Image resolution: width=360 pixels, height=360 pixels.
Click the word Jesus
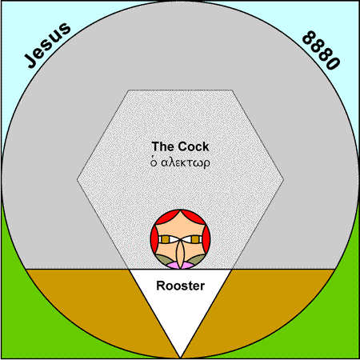coord(47,46)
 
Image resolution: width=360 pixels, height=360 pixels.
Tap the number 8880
coord(322,50)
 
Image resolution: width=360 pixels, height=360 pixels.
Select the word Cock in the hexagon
coord(194,146)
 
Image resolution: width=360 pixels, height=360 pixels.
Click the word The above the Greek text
coord(163,146)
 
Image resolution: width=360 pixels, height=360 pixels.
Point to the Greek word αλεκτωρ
coord(186,162)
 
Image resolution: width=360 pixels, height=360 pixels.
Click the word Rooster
coord(181,286)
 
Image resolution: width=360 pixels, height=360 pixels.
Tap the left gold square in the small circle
coord(166,239)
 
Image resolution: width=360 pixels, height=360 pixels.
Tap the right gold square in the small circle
coord(195,239)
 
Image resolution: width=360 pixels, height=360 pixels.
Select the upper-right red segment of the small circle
coord(194,218)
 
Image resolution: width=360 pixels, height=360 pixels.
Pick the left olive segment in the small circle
coord(165,259)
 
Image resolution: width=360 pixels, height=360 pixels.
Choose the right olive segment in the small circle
coord(196,259)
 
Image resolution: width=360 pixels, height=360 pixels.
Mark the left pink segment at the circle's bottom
coord(173,266)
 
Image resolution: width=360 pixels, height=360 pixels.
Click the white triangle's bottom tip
coord(181,358)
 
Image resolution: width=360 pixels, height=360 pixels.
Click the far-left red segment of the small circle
coord(153,238)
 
